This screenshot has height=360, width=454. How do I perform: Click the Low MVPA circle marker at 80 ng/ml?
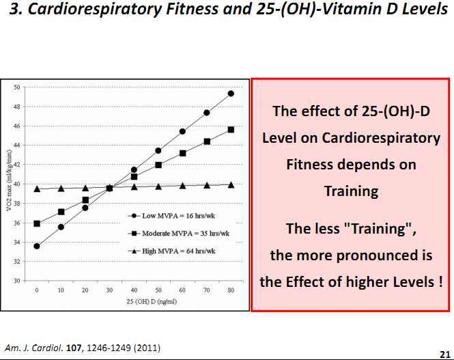231,94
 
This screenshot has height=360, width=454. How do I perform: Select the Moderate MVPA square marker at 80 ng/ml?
231,130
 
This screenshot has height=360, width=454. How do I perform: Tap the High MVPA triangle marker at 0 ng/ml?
37,189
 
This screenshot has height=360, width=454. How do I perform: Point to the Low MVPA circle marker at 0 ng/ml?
37,246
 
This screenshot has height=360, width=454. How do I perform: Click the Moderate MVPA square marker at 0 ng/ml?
37,223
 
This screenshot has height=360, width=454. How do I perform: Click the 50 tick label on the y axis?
16,87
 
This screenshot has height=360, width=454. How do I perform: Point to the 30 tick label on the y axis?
16,281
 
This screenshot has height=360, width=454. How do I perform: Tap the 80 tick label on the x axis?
231,290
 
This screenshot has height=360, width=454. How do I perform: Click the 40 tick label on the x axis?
134,290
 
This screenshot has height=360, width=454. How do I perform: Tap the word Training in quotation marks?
372,229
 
